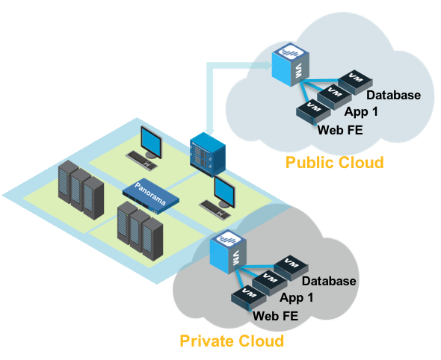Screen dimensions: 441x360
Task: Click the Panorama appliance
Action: (x=151, y=196)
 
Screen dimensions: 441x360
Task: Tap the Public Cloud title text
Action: (x=334, y=162)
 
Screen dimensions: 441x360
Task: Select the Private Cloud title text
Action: (x=232, y=341)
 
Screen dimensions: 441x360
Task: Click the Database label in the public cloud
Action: (x=393, y=95)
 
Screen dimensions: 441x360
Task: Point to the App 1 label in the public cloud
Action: (x=361, y=111)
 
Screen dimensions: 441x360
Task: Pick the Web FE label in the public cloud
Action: (x=340, y=130)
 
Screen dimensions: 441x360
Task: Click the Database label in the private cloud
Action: (x=329, y=281)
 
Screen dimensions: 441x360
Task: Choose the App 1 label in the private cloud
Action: (x=297, y=297)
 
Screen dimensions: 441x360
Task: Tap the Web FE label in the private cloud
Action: (x=275, y=316)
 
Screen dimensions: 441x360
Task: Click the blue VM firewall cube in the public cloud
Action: (x=291, y=65)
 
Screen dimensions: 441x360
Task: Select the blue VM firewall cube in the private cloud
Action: (x=228, y=252)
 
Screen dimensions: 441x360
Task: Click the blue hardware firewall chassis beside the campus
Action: (x=208, y=155)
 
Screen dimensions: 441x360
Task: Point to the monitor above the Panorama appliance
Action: (x=151, y=143)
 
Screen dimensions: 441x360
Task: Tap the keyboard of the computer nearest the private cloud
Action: (x=215, y=210)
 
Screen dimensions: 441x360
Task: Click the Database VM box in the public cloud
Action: (x=356, y=81)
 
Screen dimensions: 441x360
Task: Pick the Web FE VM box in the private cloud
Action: (x=248, y=297)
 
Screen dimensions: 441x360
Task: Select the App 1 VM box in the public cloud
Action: (x=334, y=96)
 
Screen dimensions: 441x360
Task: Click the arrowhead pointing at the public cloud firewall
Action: (x=268, y=66)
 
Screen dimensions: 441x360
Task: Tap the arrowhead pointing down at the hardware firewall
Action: (x=209, y=131)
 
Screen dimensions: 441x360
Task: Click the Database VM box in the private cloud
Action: (x=291, y=268)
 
